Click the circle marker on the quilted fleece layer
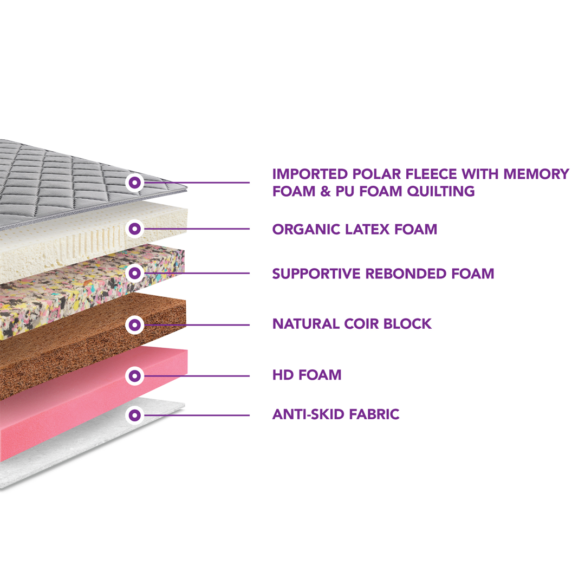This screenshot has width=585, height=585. pos(135,183)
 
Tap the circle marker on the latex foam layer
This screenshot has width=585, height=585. pos(135,229)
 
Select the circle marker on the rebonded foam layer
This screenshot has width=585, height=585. pos(135,273)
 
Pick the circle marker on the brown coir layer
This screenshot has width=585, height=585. pos(135,325)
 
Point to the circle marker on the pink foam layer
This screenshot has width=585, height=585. pos(135,375)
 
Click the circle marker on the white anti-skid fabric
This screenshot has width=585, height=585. pos(135,415)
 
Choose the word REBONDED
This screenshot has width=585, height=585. pos(407,274)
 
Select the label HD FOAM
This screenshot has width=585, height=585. pos(307,374)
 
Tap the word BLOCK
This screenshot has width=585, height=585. pos(412,324)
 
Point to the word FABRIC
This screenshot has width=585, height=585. pos(375,415)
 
